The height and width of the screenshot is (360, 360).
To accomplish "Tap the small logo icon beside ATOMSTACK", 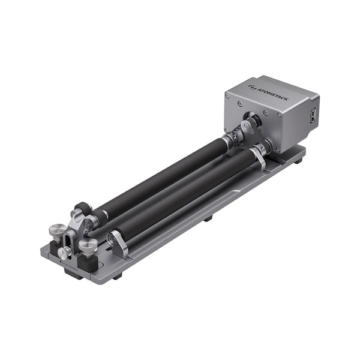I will pyautogui.click(x=251, y=87).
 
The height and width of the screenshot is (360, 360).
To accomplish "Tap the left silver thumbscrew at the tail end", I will pyautogui.click(x=58, y=229).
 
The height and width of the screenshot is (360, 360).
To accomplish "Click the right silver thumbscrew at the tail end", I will pyautogui.click(x=88, y=245).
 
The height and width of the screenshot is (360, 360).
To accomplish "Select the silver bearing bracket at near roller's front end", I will pyautogui.click(x=116, y=243).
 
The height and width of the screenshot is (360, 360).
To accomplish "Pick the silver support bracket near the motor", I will pyautogui.click(x=259, y=157).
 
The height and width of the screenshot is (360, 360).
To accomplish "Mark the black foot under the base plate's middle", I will pyautogui.click(x=208, y=218).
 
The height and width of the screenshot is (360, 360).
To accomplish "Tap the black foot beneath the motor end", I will pyautogui.click(x=298, y=160).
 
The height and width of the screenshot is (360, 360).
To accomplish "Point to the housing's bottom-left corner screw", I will pyautogui.click(x=227, y=129).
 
